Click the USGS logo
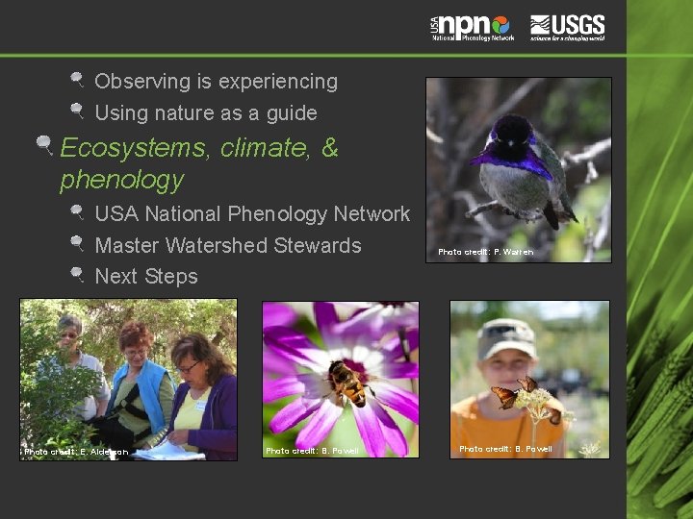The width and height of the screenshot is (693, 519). pos(567,26)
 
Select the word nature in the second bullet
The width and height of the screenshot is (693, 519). pos(180,113)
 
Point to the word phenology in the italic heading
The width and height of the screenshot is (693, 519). pos(121,180)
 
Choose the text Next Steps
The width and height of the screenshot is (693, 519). pos(146,277)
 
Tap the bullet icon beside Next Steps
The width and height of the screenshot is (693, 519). pos(77,274)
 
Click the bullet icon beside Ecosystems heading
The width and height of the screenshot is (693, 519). pos(43,146)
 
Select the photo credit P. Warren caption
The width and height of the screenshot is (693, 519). pos(485,252)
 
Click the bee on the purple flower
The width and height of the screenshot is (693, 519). pos(349,382)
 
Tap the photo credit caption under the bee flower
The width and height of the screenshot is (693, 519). pos(312,450)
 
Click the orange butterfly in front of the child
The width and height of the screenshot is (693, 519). pos(504,395)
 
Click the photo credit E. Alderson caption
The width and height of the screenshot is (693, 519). pos(76,451)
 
